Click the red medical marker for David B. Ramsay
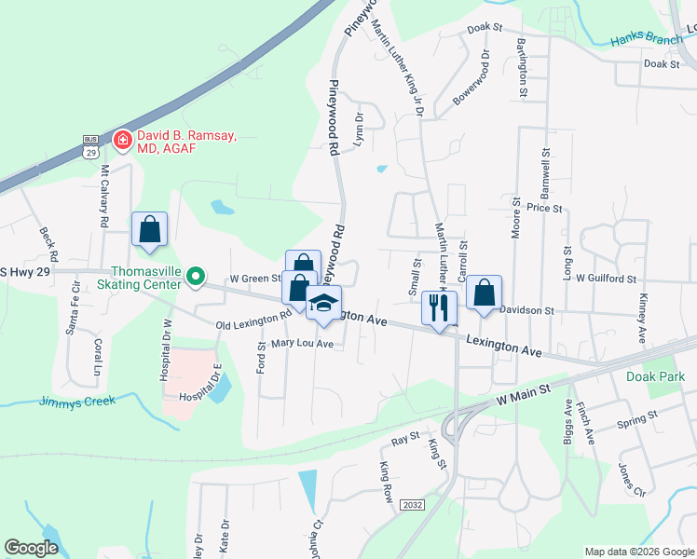pyautogui.click(x=121, y=141)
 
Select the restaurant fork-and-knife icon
pyautogui.click(x=436, y=307)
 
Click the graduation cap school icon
pyautogui.click(x=323, y=304)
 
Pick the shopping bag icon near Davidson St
pyautogui.click(x=484, y=293)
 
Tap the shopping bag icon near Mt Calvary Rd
pyautogui.click(x=149, y=229)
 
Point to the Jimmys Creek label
pyautogui.click(x=77, y=401)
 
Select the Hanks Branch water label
pyautogui.click(x=647, y=40)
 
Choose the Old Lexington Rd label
pyautogui.click(x=253, y=320)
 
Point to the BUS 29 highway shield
pyautogui.click(x=90, y=146)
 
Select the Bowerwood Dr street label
pyautogui.click(x=471, y=84)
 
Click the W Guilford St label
pyautogui.click(x=605, y=278)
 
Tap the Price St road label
pyautogui.click(x=544, y=208)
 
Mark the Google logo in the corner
pyautogui.click(x=32, y=548)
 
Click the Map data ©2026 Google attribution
pyautogui.click(x=638, y=552)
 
